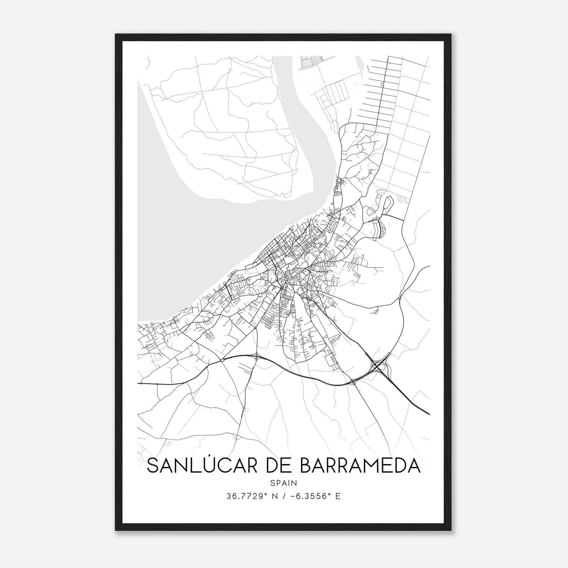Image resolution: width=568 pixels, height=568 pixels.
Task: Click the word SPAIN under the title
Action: [283, 483]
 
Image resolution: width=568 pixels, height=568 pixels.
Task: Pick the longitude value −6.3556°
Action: [310, 496]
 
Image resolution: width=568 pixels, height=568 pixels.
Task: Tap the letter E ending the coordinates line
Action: [338, 496]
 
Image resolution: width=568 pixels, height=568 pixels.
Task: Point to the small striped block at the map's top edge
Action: [306, 62]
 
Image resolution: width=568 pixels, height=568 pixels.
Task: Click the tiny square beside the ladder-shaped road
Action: [382, 84]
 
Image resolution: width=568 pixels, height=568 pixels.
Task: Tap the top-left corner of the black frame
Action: [116, 35]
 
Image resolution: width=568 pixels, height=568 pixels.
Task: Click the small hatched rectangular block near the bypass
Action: [332, 360]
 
